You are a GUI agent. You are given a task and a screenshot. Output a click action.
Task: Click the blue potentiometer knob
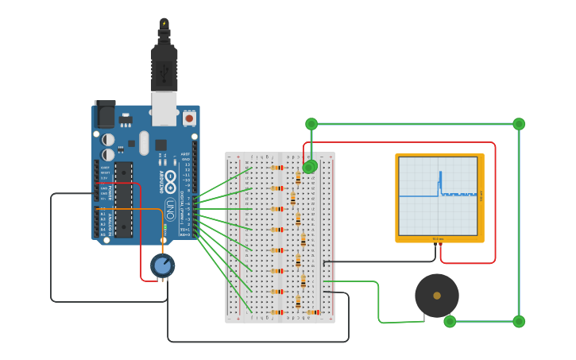[162, 265]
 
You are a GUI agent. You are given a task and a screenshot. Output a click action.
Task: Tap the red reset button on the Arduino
[189, 118]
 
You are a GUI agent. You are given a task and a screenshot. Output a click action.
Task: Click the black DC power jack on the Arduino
[104, 115]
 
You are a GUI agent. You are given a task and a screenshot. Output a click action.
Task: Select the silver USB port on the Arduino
[164, 108]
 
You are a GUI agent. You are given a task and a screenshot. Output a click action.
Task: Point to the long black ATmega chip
[123, 199]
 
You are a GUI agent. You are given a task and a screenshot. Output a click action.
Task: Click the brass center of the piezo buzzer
[436, 296]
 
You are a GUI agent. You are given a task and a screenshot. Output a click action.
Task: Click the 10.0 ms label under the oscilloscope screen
[438, 238]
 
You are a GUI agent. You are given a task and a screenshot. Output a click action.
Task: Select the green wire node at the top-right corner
[519, 124]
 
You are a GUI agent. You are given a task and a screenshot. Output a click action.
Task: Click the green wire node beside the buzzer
[450, 321]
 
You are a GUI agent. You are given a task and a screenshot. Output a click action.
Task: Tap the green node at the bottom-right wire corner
[519, 321]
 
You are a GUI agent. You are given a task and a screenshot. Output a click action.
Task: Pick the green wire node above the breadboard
[311, 124]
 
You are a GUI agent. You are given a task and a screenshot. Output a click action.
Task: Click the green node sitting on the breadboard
[310, 166]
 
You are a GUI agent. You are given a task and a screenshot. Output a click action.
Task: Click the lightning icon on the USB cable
[164, 23]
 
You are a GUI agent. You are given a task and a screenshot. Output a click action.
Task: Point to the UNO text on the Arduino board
[169, 208]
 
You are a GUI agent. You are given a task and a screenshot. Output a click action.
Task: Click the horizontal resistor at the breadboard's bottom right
[314, 312]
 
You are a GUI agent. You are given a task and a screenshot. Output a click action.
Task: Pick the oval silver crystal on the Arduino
[143, 143]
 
